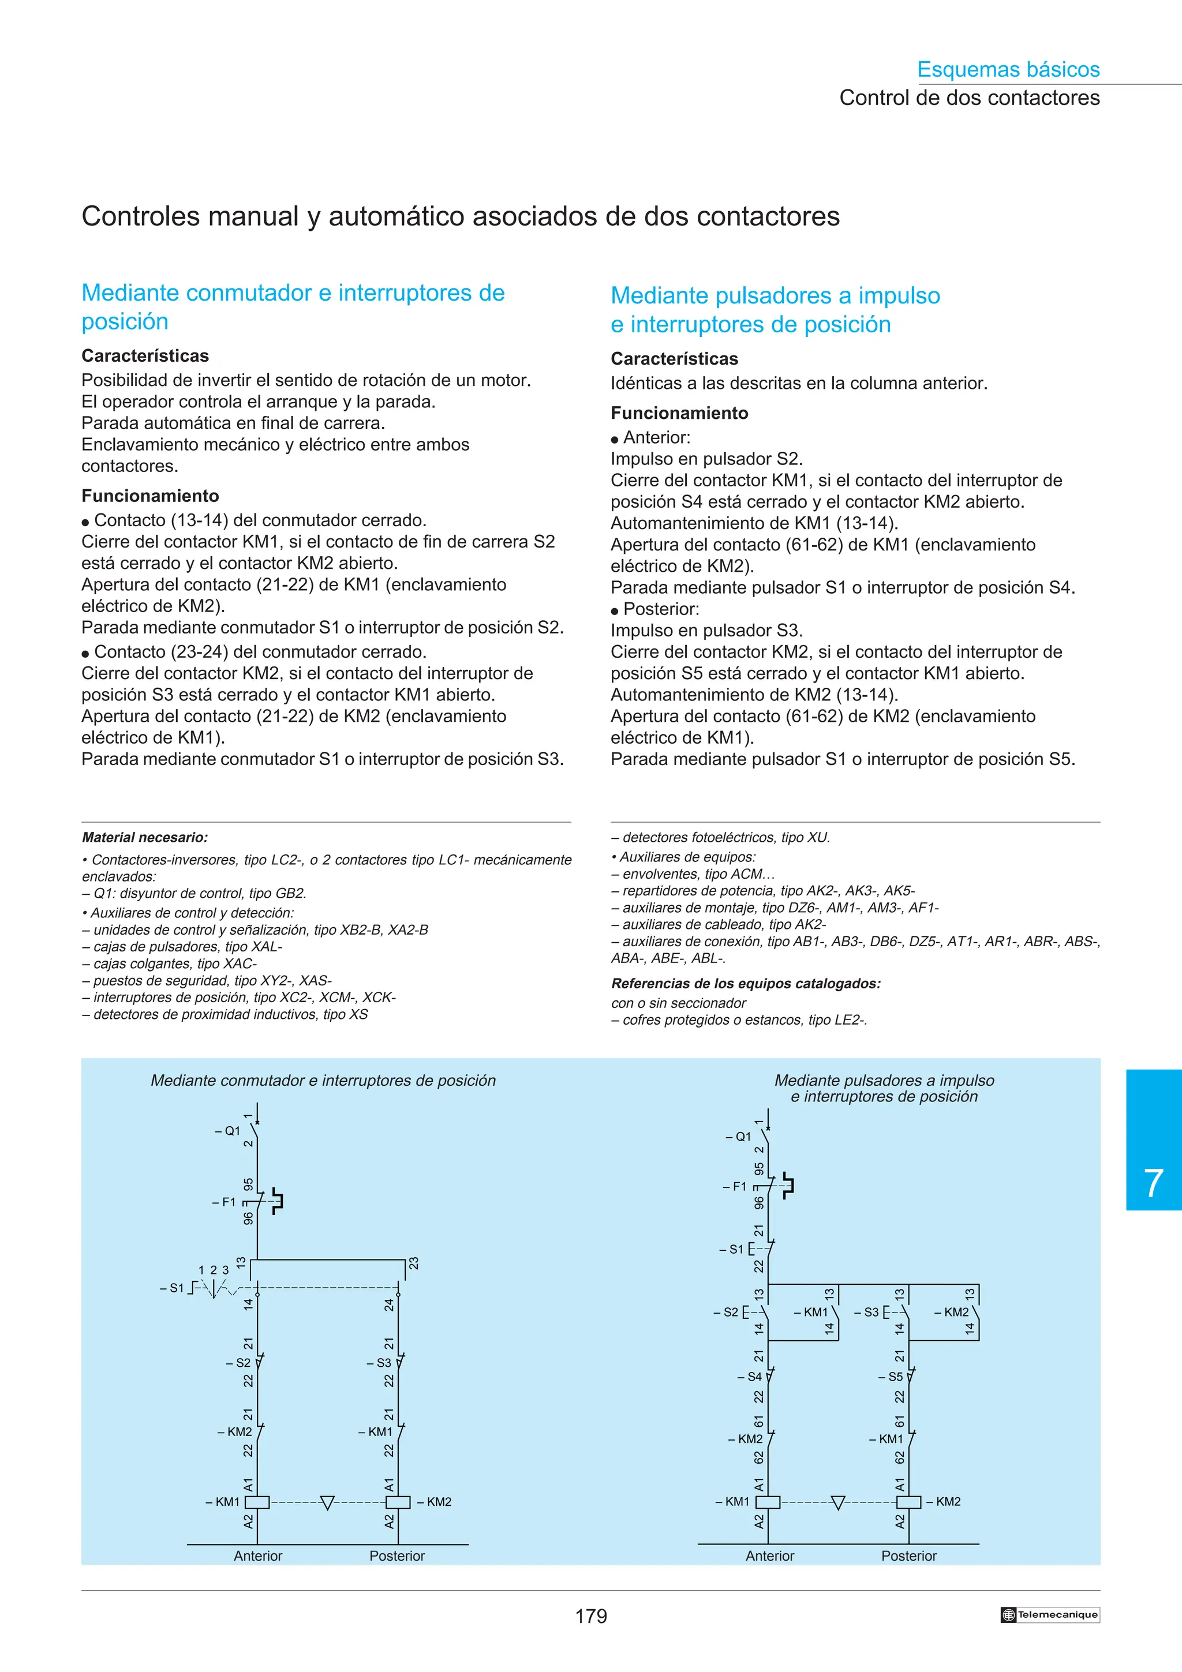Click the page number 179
tap(590, 1616)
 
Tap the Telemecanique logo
tap(1049, 1614)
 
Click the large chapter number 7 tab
tap(1153, 1183)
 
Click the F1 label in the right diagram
tap(737, 1186)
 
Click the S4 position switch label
tap(753, 1377)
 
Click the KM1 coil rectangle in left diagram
tap(257, 1502)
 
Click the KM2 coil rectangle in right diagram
tap(908, 1502)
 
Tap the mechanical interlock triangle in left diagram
tap(327, 1502)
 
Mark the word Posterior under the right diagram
tap(908, 1555)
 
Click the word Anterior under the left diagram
tap(258, 1555)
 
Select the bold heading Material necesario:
tap(145, 838)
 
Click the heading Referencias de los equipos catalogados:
tap(746, 983)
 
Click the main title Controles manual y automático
tap(460, 216)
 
